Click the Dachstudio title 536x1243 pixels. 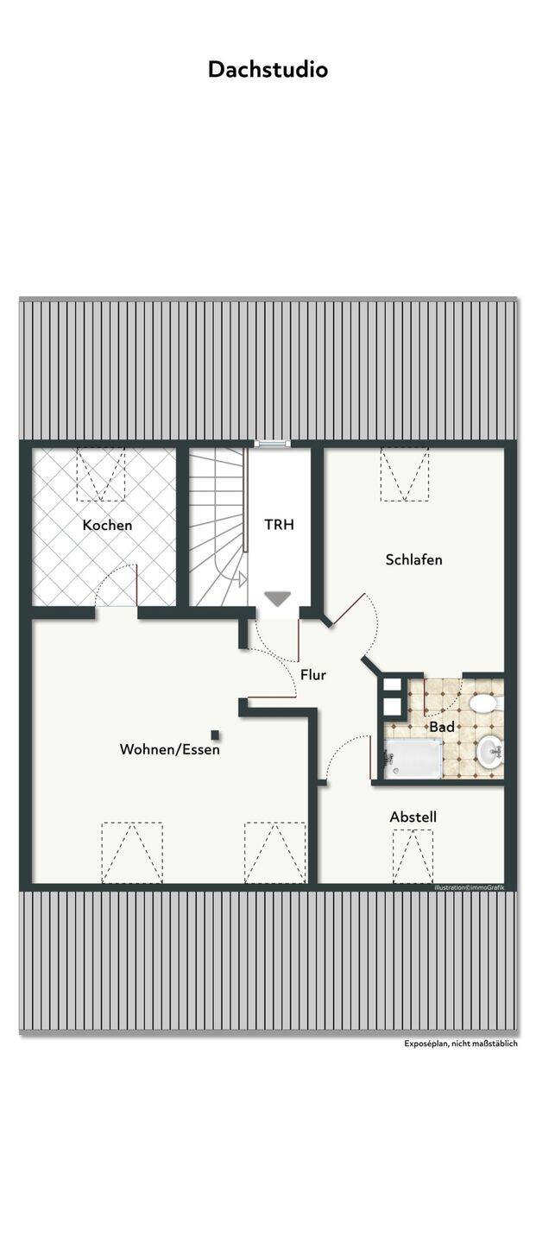pyautogui.click(x=268, y=69)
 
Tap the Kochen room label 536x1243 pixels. pyautogui.click(x=108, y=525)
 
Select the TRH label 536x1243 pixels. pyautogui.click(x=279, y=525)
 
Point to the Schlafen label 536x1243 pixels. pyautogui.click(x=414, y=559)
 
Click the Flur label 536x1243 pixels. pyautogui.click(x=313, y=675)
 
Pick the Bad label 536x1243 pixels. pyautogui.click(x=442, y=727)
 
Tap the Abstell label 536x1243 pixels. pyautogui.click(x=413, y=817)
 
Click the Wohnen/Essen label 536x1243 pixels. pyautogui.click(x=170, y=749)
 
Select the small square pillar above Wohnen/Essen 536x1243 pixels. pyautogui.click(x=215, y=735)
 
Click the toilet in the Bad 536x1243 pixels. pyautogui.click(x=485, y=704)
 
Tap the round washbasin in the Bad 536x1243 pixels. pyautogui.click(x=490, y=752)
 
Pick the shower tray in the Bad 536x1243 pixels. pyautogui.click(x=413, y=759)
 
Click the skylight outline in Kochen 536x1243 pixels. pyautogui.click(x=101, y=474)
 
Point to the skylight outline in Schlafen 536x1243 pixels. pyautogui.click(x=405, y=474)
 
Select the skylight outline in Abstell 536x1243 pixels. pyautogui.click(x=413, y=856)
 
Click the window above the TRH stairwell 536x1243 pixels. pyautogui.click(x=273, y=444)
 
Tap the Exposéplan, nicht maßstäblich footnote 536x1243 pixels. pyautogui.click(x=461, y=1044)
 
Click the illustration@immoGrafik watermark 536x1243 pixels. pyautogui.click(x=470, y=888)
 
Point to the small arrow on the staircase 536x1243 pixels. pyautogui.click(x=241, y=580)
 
